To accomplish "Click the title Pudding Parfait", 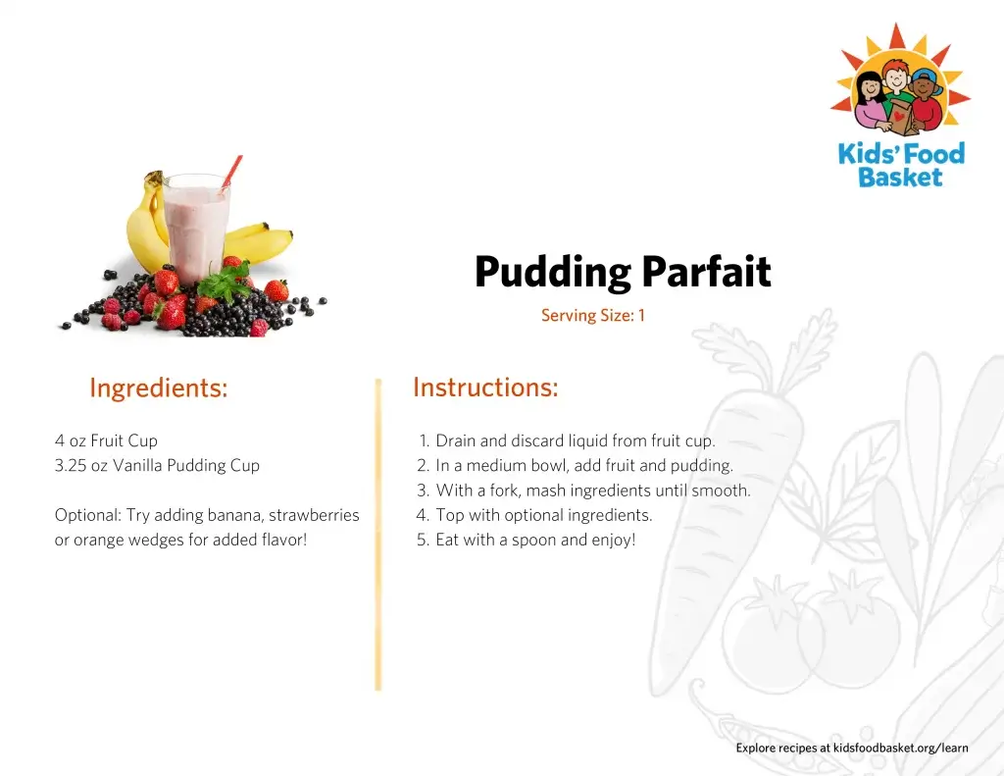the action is click(x=623, y=273).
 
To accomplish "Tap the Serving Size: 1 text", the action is click(x=593, y=315).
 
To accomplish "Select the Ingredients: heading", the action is click(x=159, y=388).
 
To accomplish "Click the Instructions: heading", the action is click(x=486, y=388).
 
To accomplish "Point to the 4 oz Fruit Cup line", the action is click(x=106, y=440).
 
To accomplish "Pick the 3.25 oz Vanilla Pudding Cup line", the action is click(x=157, y=466).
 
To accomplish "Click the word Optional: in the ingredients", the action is click(x=87, y=515).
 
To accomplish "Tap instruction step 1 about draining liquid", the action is click(x=567, y=440).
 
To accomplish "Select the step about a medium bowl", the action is click(x=575, y=466).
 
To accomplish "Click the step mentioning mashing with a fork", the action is click(x=583, y=491).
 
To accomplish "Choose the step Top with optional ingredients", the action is click(x=534, y=515).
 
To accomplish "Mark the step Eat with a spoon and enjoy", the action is click(x=527, y=541).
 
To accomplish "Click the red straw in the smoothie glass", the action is click(x=231, y=172).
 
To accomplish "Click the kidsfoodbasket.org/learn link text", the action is click(x=900, y=748).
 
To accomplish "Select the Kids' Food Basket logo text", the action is click(x=901, y=166).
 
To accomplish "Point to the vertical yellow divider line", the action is click(x=377, y=535).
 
